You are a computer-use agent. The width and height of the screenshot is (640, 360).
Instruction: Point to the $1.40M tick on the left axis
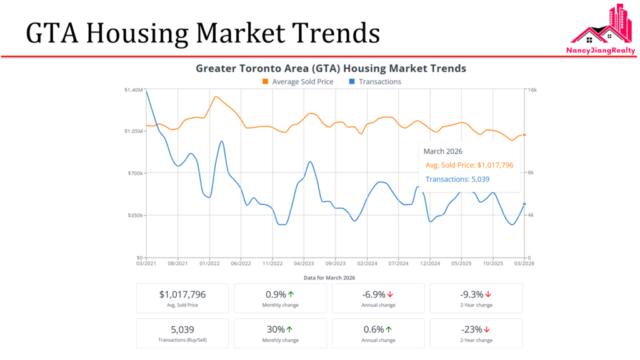click(134, 90)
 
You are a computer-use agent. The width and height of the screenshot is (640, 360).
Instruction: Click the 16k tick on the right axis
click(532, 90)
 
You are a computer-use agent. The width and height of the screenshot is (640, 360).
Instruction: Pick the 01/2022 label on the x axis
click(209, 264)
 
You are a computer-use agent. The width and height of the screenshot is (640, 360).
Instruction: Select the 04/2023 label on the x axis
click(304, 264)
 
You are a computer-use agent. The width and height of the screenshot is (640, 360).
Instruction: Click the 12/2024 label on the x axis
click(430, 264)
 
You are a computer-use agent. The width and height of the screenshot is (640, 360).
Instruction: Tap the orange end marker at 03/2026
click(524, 135)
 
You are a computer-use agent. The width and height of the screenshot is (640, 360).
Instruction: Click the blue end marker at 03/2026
click(524, 204)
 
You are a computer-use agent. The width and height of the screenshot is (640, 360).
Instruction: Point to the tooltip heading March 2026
click(442, 151)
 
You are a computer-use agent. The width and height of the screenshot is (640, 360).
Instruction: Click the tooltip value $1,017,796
click(495, 165)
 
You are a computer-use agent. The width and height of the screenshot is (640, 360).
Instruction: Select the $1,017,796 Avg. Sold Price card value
click(182, 294)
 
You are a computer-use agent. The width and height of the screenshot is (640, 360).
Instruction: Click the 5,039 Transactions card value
click(182, 329)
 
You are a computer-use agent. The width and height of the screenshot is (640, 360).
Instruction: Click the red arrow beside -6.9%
click(390, 294)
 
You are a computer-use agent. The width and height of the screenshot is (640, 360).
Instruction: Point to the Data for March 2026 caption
click(329, 277)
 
